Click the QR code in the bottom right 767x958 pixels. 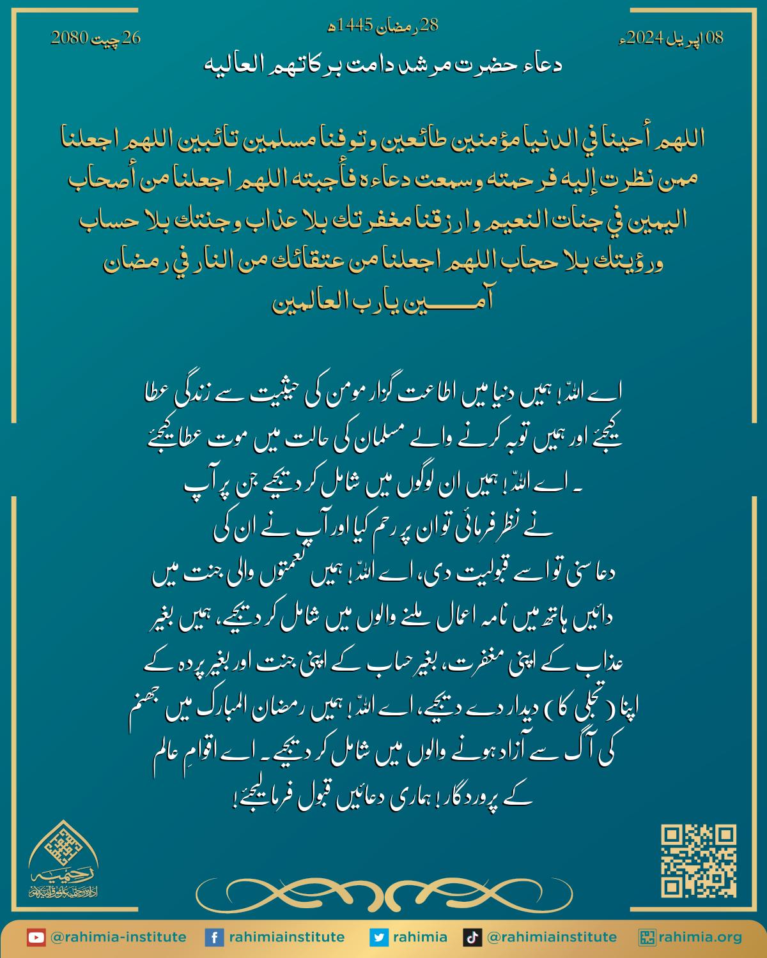coord(698,862)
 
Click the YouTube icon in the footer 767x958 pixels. coord(36,938)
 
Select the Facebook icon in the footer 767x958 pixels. coord(214,938)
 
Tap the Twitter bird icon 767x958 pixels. coord(379,938)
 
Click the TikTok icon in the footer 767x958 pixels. coord(472,938)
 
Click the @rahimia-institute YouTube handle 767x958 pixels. coord(118,938)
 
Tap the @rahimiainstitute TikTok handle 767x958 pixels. coord(552,938)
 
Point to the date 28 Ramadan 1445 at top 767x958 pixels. coord(383,26)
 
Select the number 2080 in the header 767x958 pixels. coord(68,38)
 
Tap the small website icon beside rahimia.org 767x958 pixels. coord(647,938)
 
